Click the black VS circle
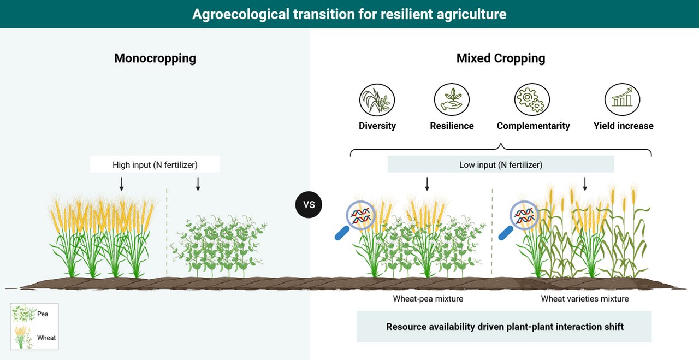[x=309, y=204]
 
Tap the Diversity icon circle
[x=377, y=100]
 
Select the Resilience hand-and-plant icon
[x=452, y=99]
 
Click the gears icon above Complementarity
[x=532, y=99]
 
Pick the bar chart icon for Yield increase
[x=622, y=99]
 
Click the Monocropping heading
[x=155, y=58]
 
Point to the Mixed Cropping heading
[x=501, y=58]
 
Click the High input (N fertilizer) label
[x=155, y=164]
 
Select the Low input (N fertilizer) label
[x=501, y=164]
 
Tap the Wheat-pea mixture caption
[x=428, y=299]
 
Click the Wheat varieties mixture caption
[x=585, y=299]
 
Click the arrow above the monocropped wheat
[x=122, y=184]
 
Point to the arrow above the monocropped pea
[x=198, y=184]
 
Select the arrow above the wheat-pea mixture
[x=427, y=184]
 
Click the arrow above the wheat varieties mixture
[x=585, y=184]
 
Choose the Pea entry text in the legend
[x=43, y=314]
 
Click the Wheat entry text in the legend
[x=46, y=338]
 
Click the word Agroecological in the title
[x=241, y=14]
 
